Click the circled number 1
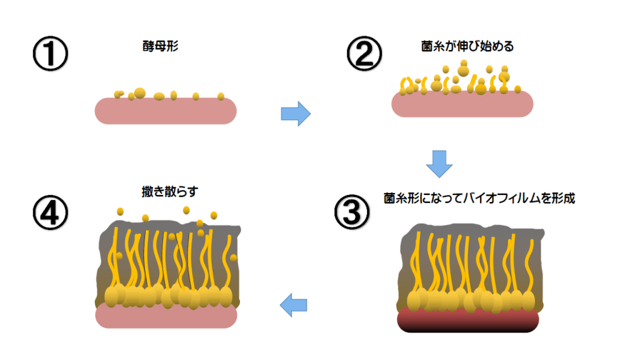tap(50, 55)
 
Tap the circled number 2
tap(364, 55)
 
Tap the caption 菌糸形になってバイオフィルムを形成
tap(479, 199)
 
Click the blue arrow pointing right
tap(295, 113)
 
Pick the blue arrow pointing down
tap(439, 163)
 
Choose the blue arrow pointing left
tap(293, 305)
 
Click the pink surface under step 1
tap(166, 111)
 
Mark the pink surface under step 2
tap(462, 104)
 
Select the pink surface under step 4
tap(166, 316)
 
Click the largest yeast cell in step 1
tap(139, 93)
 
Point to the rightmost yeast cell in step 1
tap(221, 96)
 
